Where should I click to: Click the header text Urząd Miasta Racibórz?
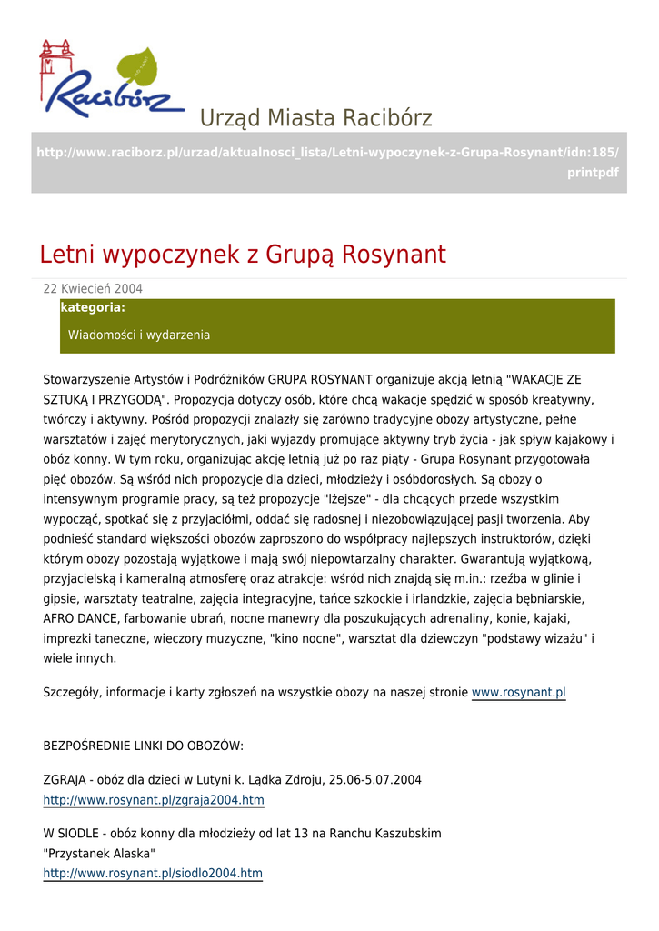315,118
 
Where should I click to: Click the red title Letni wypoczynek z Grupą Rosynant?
243,255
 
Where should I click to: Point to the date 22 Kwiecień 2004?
93,289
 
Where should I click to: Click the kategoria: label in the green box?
93,308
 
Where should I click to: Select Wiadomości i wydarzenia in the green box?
139,335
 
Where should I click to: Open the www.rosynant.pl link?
518,693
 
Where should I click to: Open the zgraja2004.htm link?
154,800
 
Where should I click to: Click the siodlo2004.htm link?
153,874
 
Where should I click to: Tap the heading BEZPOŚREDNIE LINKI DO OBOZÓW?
144,746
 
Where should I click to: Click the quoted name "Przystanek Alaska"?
100,854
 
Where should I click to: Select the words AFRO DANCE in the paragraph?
77,619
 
